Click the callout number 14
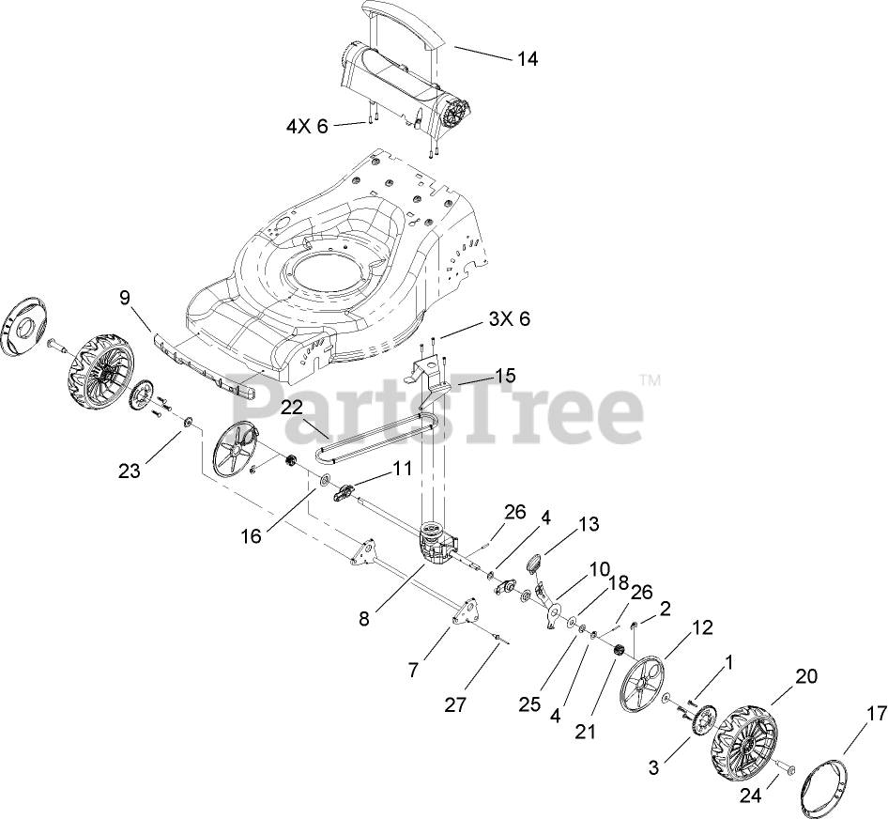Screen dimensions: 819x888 [527, 58]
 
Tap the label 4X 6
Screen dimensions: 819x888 [308, 126]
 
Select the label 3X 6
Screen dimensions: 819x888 [510, 319]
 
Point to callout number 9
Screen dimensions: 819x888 [124, 299]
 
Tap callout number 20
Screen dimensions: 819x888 [806, 675]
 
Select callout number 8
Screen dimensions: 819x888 [364, 618]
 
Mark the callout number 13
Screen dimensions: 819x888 [588, 524]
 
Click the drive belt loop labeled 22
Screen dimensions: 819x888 [375, 436]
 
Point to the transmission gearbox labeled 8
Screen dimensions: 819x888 [434, 545]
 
